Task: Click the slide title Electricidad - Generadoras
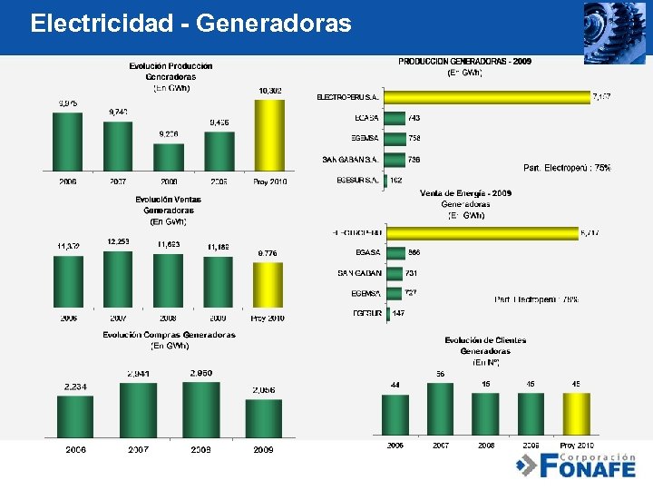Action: click(190, 24)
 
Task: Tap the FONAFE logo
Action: click(575, 465)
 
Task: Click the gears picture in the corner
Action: click(614, 33)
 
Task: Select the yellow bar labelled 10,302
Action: click(269, 134)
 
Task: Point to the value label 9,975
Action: click(68, 103)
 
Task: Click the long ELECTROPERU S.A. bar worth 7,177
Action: click(485, 96)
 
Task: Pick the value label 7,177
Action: click(601, 96)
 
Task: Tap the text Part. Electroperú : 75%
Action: click(567, 168)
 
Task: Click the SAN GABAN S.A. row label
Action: click(350, 160)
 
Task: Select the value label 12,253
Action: click(119, 241)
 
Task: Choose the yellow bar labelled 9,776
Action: click(268, 285)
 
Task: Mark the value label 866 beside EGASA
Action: click(414, 252)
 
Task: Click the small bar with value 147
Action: click(388, 313)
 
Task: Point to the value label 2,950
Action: click(201, 373)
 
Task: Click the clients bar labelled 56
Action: click(440, 408)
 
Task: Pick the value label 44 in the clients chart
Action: click(395, 386)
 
